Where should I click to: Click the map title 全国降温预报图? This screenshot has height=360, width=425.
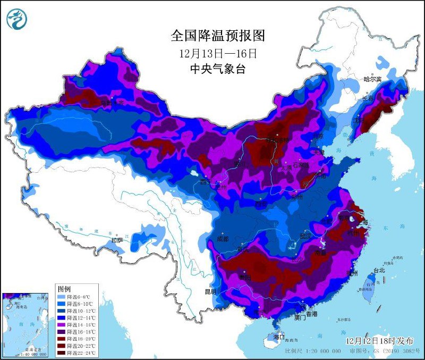tap(218, 36)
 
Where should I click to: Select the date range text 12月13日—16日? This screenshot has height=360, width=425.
tap(218, 53)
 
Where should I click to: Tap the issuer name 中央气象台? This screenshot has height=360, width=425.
tap(218, 69)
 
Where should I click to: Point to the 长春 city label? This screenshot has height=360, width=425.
tap(367, 98)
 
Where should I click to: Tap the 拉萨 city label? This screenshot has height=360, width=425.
tap(118, 240)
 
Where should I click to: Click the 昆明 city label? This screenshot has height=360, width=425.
tap(210, 291)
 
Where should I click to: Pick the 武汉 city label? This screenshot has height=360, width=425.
tap(305, 235)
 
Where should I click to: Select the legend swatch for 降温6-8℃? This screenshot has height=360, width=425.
tap(63, 296)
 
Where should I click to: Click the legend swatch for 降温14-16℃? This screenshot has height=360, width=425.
tap(63, 324)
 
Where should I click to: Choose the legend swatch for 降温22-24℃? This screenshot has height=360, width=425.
tap(63, 353)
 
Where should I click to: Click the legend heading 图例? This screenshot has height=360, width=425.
tap(64, 288)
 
